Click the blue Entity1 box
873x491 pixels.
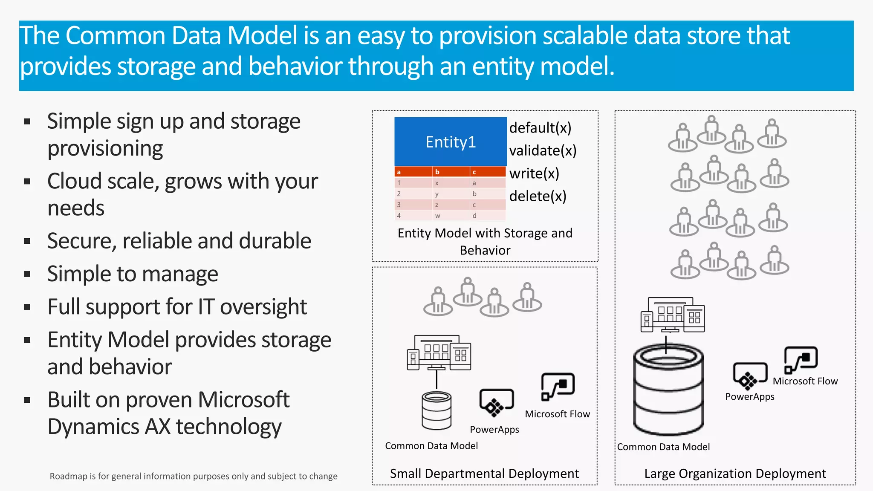pyautogui.click(x=451, y=142)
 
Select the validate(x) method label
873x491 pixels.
pyautogui.click(x=543, y=150)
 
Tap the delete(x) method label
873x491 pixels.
pyautogui.click(x=538, y=196)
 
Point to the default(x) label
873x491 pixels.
pyautogui.click(x=540, y=127)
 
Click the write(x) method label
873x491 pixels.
pyautogui.click(x=534, y=173)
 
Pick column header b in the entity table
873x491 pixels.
pyautogui.click(x=437, y=172)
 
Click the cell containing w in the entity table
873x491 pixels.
pyautogui.click(x=437, y=216)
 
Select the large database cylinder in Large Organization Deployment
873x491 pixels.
pyautogui.click(x=668, y=390)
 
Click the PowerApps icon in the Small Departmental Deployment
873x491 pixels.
pyautogui.click(x=496, y=402)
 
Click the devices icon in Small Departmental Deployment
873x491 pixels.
pyautogui.click(x=439, y=352)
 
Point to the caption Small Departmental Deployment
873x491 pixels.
pyautogui.click(x=484, y=474)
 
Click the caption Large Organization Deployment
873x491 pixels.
pyautogui.click(x=735, y=474)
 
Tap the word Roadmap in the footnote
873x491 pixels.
pyautogui.click(x=69, y=476)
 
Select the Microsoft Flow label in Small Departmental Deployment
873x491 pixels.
pyautogui.click(x=557, y=414)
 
